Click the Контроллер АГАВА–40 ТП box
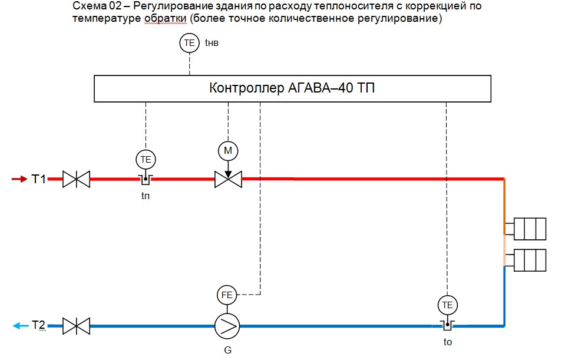click(292, 89)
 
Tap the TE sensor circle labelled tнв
click(189, 43)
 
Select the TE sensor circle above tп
click(146, 158)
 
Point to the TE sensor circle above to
click(448, 305)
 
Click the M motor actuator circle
click(228, 151)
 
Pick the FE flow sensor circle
click(227, 294)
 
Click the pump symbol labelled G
click(227, 325)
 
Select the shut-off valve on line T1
click(77, 179)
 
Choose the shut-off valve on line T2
click(77, 325)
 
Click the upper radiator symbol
click(530, 229)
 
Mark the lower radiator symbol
click(530, 259)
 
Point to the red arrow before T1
click(19, 179)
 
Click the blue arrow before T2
click(20, 325)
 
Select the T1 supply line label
click(39, 179)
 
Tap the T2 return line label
click(39, 325)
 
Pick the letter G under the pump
click(227, 350)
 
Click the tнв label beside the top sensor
click(212, 43)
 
